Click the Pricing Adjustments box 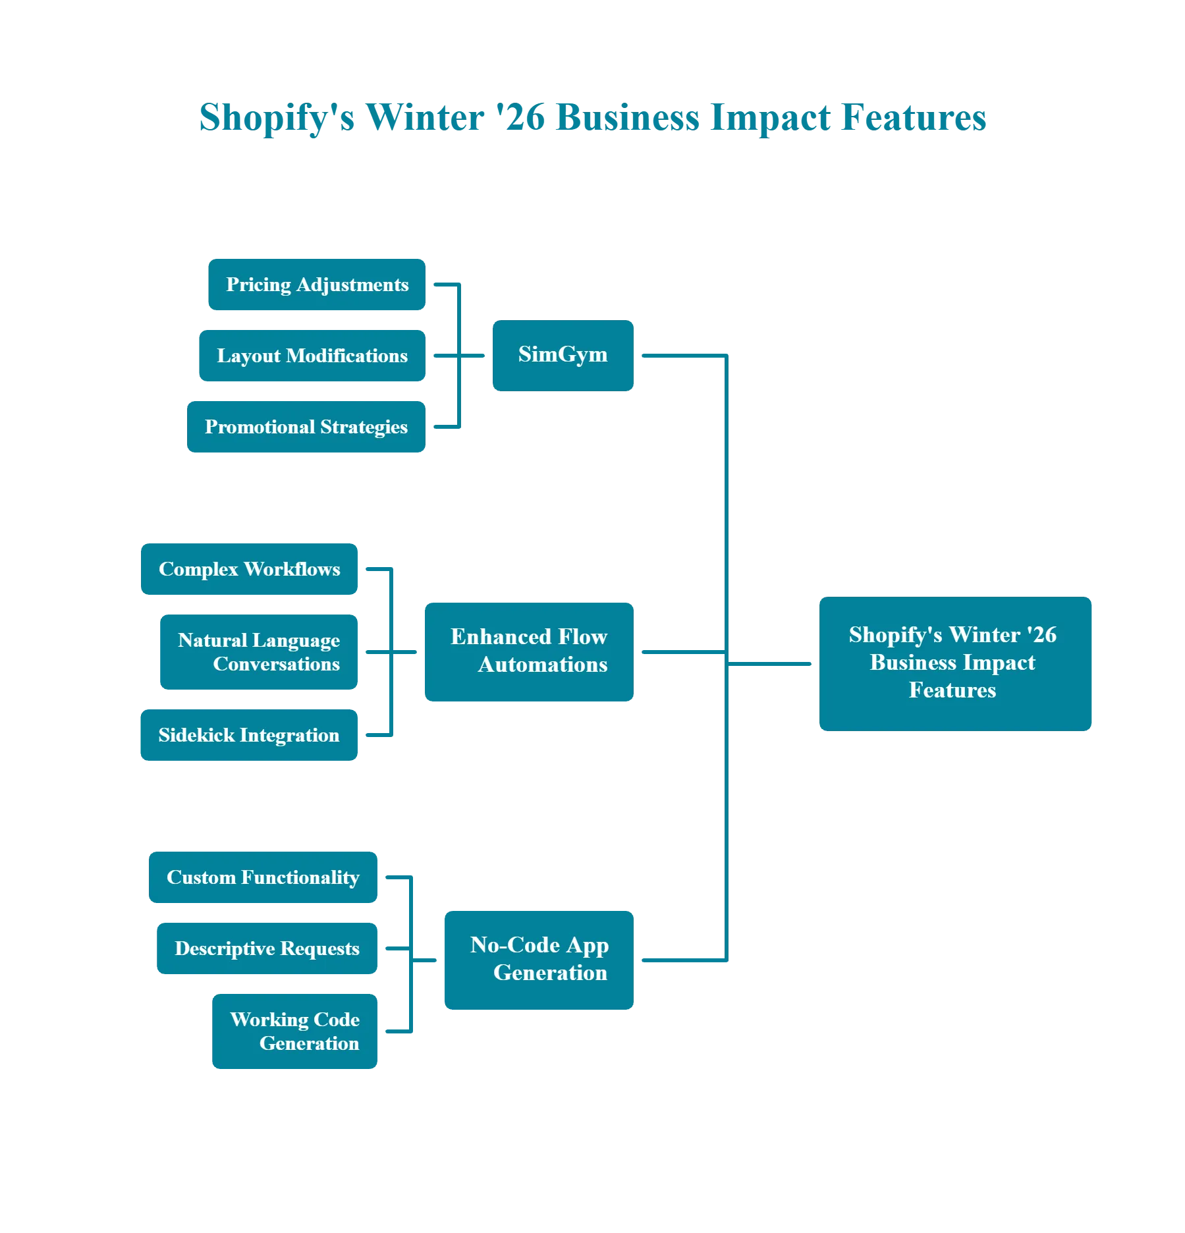pos(316,285)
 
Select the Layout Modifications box pos(312,356)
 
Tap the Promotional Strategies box pos(306,427)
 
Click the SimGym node pos(563,356)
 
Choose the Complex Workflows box pos(248,569)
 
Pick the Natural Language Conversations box pos(258,651)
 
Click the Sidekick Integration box pos(248,735)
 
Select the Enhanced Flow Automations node pos(529,652)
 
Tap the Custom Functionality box pos(263,877)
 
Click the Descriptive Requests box pos(266,948)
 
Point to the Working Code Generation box pos(294,1031)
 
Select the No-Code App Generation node pos(539,959)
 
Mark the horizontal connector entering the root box pos(771,664)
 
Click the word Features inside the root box pos(952,690)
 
